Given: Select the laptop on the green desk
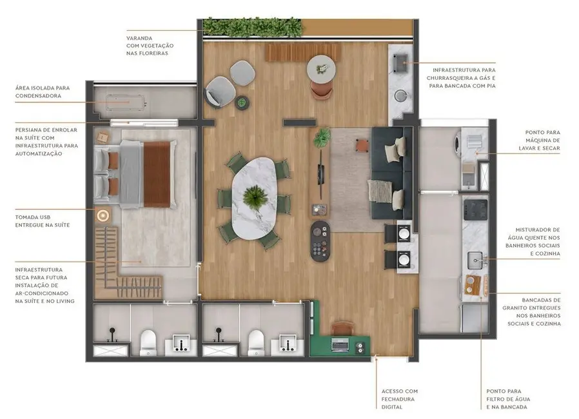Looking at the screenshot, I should point(340,346).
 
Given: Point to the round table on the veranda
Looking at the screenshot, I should point(320,68).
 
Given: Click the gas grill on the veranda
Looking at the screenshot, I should point(400,63).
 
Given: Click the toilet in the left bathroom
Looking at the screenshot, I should point(148,342).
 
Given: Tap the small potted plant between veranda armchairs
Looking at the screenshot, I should point(242,102).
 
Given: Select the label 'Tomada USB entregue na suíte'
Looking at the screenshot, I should point(43,220).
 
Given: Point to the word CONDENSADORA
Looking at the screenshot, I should point(38,96).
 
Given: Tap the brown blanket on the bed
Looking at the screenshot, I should point(156,174).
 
